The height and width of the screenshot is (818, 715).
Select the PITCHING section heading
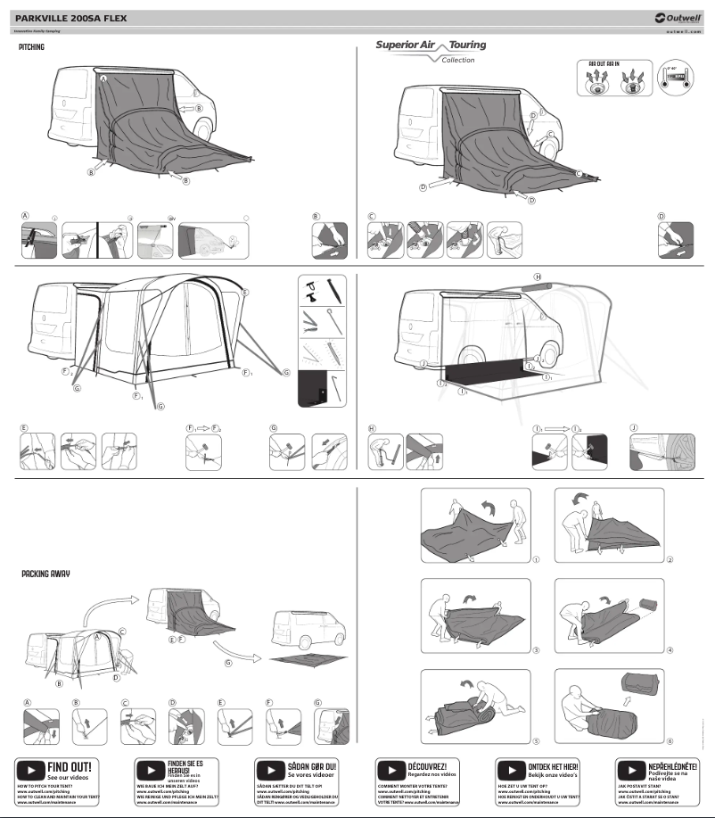click(x=31, y=46)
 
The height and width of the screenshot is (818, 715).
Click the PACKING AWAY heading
click(x=45, y=574)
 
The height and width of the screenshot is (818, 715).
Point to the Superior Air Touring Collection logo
click(x=431, y=50)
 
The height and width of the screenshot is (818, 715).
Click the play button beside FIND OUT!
click(x=31, y=768)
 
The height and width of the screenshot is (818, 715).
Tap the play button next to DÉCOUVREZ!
click(x=391, y=768)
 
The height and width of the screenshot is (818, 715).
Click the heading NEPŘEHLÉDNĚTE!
click(x=672, y=765)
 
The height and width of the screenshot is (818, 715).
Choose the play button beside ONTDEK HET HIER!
click(x=512, y=768)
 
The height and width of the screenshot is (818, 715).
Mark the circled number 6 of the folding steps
click(x=669, y=740)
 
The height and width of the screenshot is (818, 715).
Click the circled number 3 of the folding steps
click(x=536, y=650)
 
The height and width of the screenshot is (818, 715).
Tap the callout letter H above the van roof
click(x=537, y=277)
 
